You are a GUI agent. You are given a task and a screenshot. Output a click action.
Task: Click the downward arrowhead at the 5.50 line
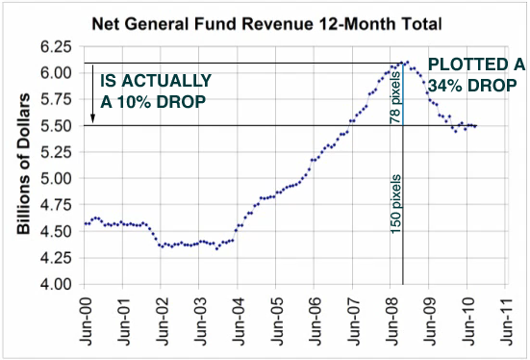(x=92, y=121)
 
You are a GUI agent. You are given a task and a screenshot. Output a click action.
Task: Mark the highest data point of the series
(x=407, y=63)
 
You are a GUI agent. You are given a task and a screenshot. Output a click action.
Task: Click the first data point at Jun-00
(x=85, y=223)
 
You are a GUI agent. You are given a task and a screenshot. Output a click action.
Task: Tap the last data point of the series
(x=475, y=126)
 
